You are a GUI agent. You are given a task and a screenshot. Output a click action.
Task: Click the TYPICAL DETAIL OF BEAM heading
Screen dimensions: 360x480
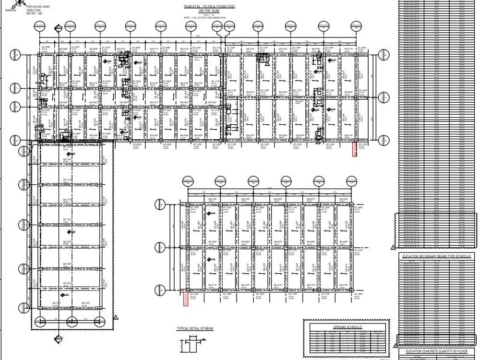click(x=194, y=328)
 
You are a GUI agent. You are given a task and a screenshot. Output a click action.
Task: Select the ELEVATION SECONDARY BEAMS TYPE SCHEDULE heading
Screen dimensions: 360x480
click(x=437, y=256)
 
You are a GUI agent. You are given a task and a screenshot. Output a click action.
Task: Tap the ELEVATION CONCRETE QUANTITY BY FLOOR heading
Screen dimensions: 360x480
click(x=437, y=351)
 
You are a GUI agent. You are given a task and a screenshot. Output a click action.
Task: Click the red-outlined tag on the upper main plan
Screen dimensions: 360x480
click(x=355, y=149)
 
